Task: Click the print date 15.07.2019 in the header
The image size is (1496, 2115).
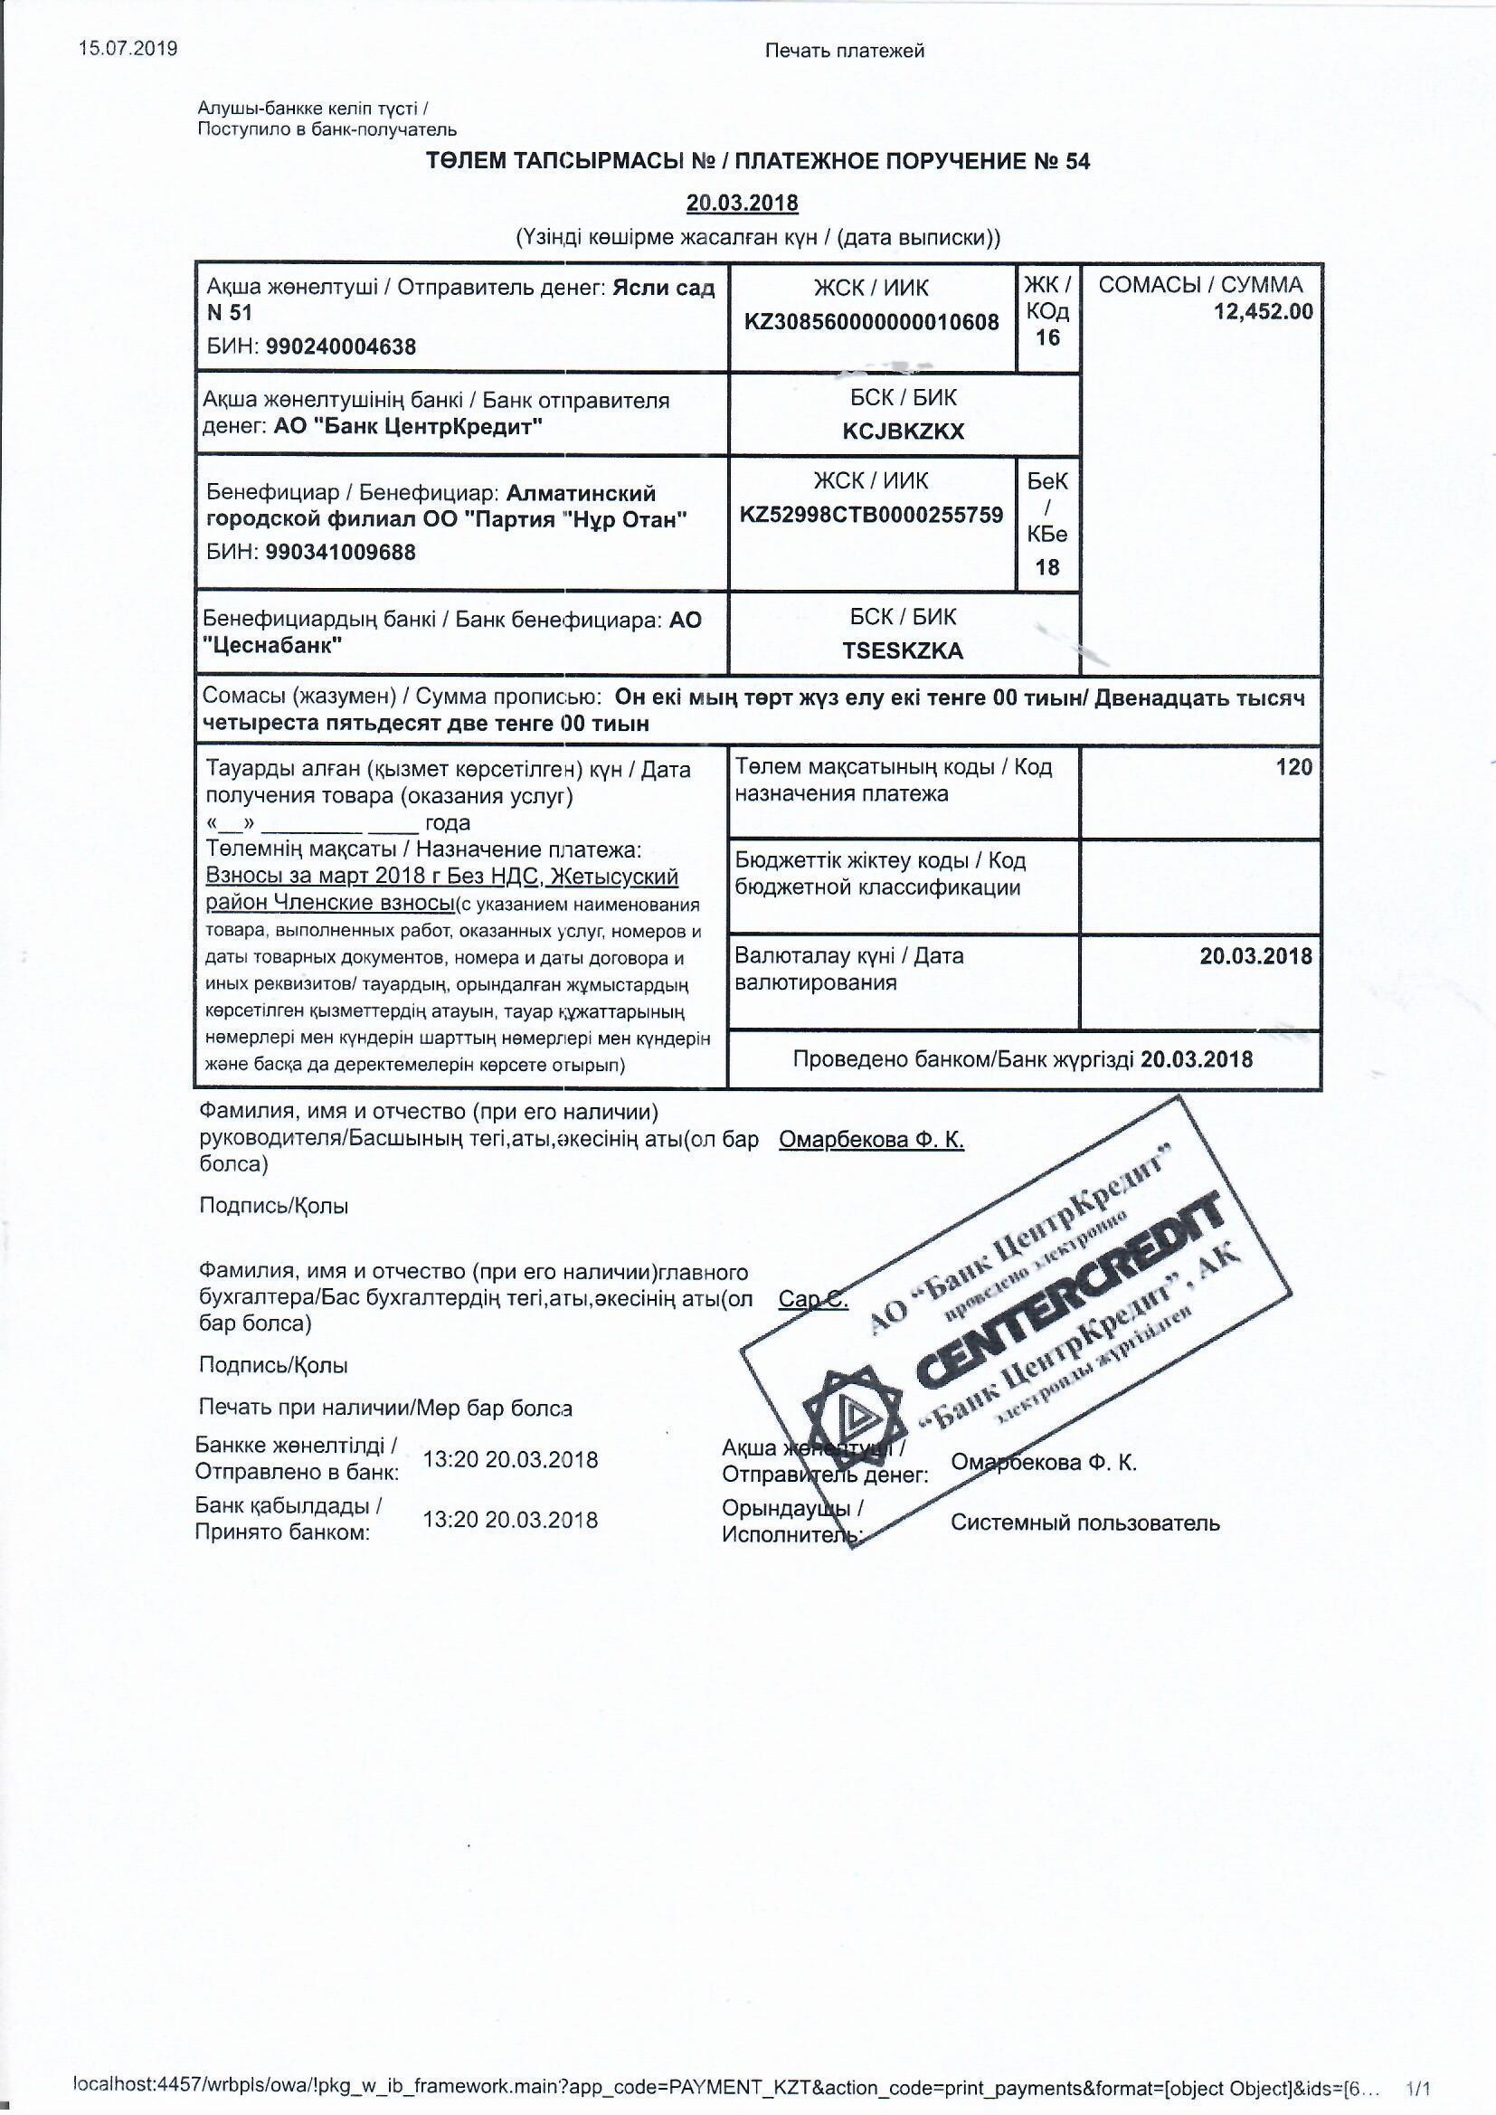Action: (x=128, y=49)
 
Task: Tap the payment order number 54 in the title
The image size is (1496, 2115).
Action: (x=1077, y=161)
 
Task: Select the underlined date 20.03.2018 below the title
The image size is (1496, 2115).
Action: (x=742, y=203)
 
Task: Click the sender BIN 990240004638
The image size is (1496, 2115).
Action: (x=340, y=347)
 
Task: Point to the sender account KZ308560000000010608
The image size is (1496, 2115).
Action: (x=871, y=321)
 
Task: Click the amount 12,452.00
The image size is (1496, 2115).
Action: (x=1263, y=311)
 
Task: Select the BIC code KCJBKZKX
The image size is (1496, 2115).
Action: (x=903, y=432)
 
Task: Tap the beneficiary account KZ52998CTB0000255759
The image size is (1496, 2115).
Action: (x=871, y=515)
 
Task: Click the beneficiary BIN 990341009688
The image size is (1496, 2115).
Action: (x=340, y=553)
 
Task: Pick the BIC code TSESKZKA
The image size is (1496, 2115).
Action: (x=903, y=650)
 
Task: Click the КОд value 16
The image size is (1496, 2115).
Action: (x=1047, y=337)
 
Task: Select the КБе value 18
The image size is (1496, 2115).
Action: (x=1047, y=566)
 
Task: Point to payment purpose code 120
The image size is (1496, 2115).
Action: (x=1293, y=766)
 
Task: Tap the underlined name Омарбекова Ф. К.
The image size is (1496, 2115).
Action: (x=871, y=1141)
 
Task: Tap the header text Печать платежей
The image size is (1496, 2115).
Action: (x=845, y=52)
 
